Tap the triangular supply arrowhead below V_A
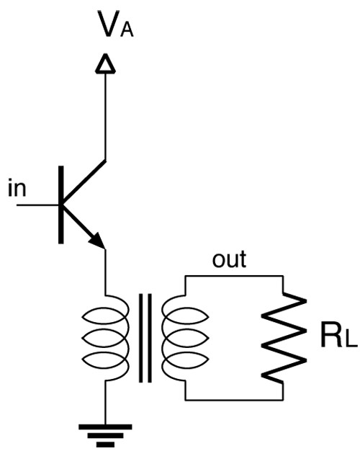pos(105,63)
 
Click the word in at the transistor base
pos(17,188)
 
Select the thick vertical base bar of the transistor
pos(61,205)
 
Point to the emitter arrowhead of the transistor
pos(96,241)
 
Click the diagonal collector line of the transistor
pos(84,182)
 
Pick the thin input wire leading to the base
pos(37,205)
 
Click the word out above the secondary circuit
pos(229,259)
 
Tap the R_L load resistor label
pos(338,337)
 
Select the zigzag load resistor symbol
pos(283,339)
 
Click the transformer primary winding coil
pos(105,338)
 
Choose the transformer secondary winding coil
pos(185,338)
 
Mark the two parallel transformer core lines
pos(145,338)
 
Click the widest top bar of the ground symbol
pos(105,427)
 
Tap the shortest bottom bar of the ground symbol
pos(105,445)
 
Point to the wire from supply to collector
pos(105,117)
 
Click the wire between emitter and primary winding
pos(105,272)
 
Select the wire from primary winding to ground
pos(105,403)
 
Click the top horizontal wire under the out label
pos(234,276)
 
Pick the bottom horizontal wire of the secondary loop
pos(234,400)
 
